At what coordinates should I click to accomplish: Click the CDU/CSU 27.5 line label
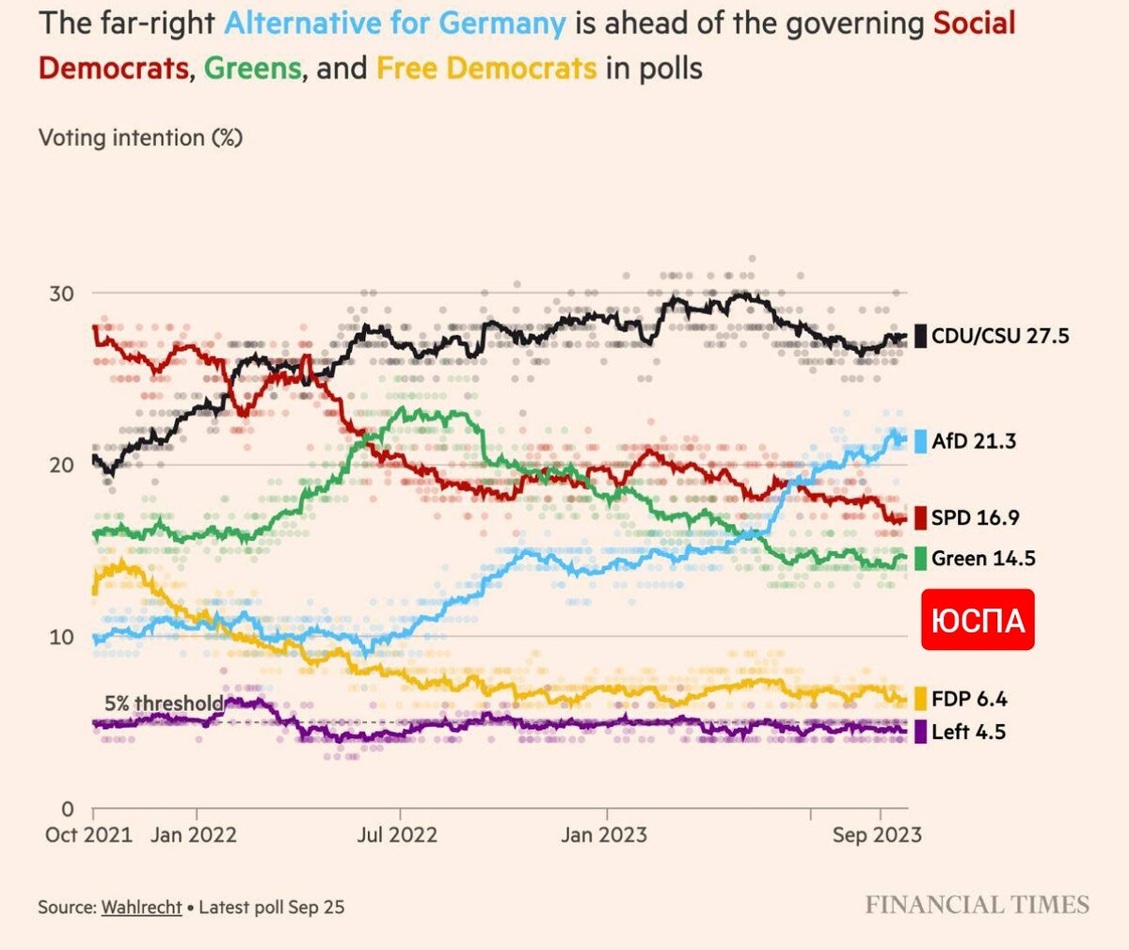pos(999,336)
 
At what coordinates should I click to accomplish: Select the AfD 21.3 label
pos(973,441)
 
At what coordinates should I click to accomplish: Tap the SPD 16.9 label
pos(975,517)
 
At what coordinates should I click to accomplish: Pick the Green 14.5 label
pos(982,559)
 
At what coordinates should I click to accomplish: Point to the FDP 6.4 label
pos(969,699)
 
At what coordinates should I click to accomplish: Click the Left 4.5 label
pos(968,732)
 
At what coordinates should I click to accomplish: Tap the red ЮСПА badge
pos(978,620)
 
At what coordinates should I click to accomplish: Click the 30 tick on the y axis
pos(61,293)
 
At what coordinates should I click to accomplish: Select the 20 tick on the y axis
pos(61,466)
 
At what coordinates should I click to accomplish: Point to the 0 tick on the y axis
pos(67,809)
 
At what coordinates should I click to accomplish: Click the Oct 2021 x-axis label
pos(88,835)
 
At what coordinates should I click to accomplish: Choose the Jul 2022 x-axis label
pos(397,835)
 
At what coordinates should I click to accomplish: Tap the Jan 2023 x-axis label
pos(604,835)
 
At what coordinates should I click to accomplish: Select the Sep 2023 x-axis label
pos(877,835)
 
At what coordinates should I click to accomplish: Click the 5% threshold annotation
pos(164,704)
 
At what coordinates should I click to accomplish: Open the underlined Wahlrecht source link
pos(141,908)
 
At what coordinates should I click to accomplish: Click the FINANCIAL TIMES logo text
pos(977,905)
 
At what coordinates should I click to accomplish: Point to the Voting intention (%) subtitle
pos(140,138)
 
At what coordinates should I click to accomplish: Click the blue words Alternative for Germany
pos(395,23)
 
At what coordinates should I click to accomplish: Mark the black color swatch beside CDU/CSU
pos(920,336)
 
